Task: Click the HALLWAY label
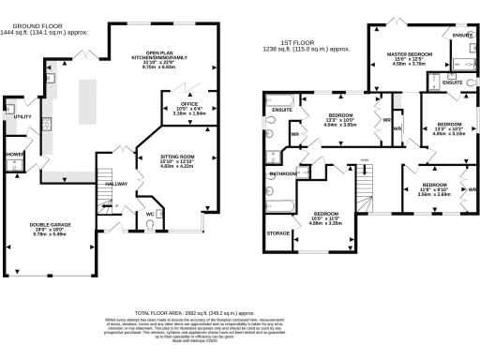point(117,185)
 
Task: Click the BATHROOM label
point(284,174)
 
